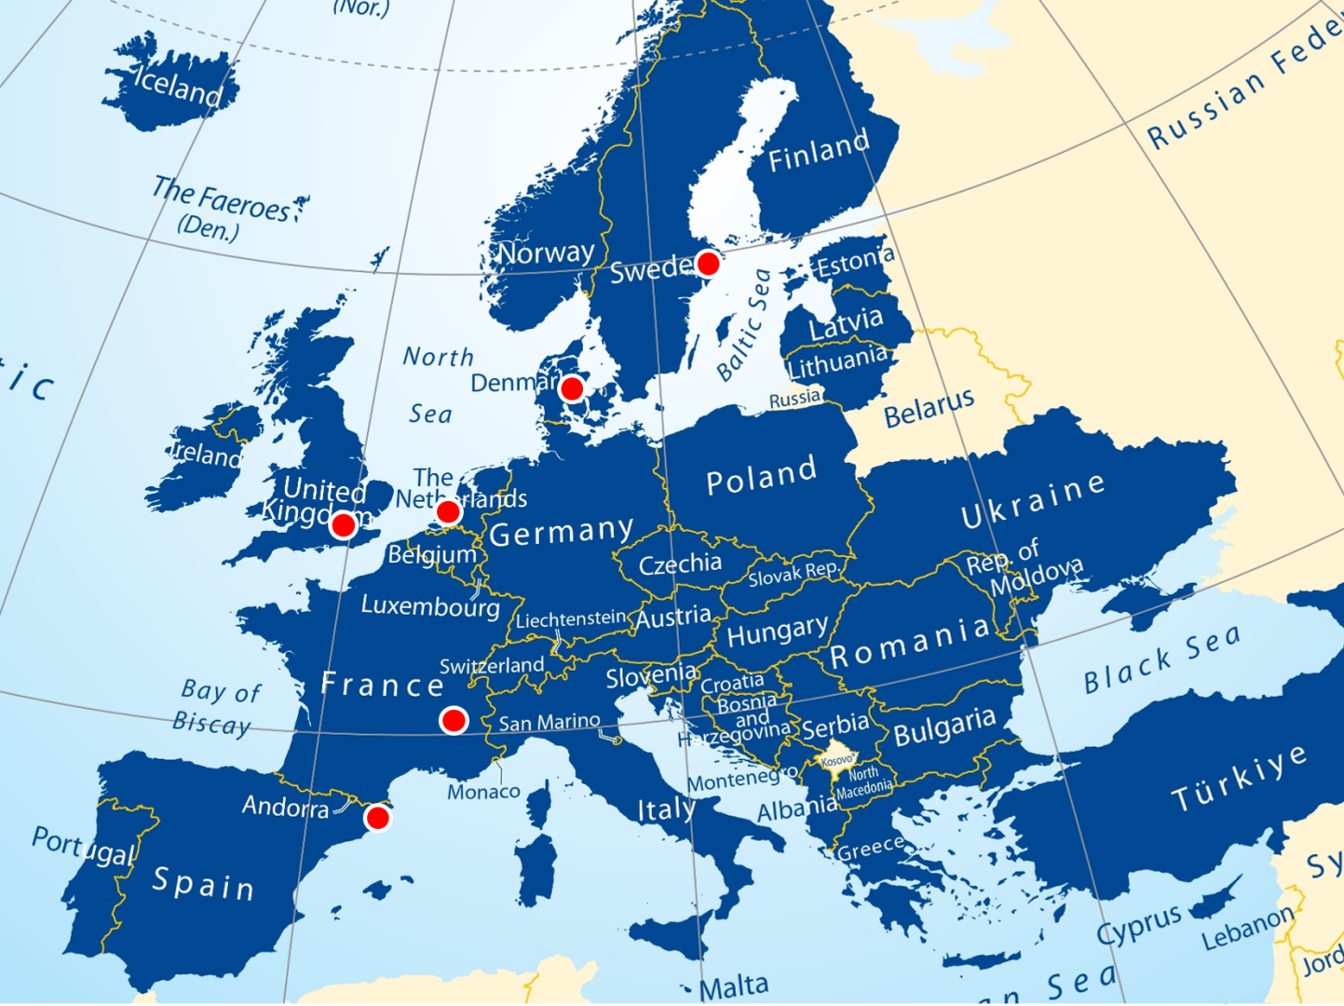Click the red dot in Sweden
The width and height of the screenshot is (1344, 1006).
pos(708,264)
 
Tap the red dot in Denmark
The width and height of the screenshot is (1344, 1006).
pos(572,388)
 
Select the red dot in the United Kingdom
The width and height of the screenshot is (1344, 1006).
pos(344,525)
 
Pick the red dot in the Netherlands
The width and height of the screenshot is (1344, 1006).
pos(448,511)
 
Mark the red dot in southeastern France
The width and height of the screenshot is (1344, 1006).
pos(454,720)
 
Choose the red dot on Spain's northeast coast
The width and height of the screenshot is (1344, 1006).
pos(377,818)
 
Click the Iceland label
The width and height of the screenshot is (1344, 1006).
pos(177,86)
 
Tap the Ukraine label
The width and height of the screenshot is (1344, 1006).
pos(1033,500)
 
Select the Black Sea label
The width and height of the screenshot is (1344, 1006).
pos(1161,659)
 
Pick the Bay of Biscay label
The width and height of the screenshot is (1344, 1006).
pos(216,707)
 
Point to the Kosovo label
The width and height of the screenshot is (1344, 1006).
pos(836,760)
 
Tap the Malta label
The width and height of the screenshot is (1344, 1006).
pos(734,986)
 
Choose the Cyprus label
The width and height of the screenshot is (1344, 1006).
pos(1138,925)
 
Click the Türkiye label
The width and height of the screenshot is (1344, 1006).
pos(1239,779)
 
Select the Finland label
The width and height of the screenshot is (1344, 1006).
pos(819,152)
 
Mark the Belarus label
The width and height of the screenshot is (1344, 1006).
pos(929,408)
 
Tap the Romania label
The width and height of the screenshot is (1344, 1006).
pos(910,642)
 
